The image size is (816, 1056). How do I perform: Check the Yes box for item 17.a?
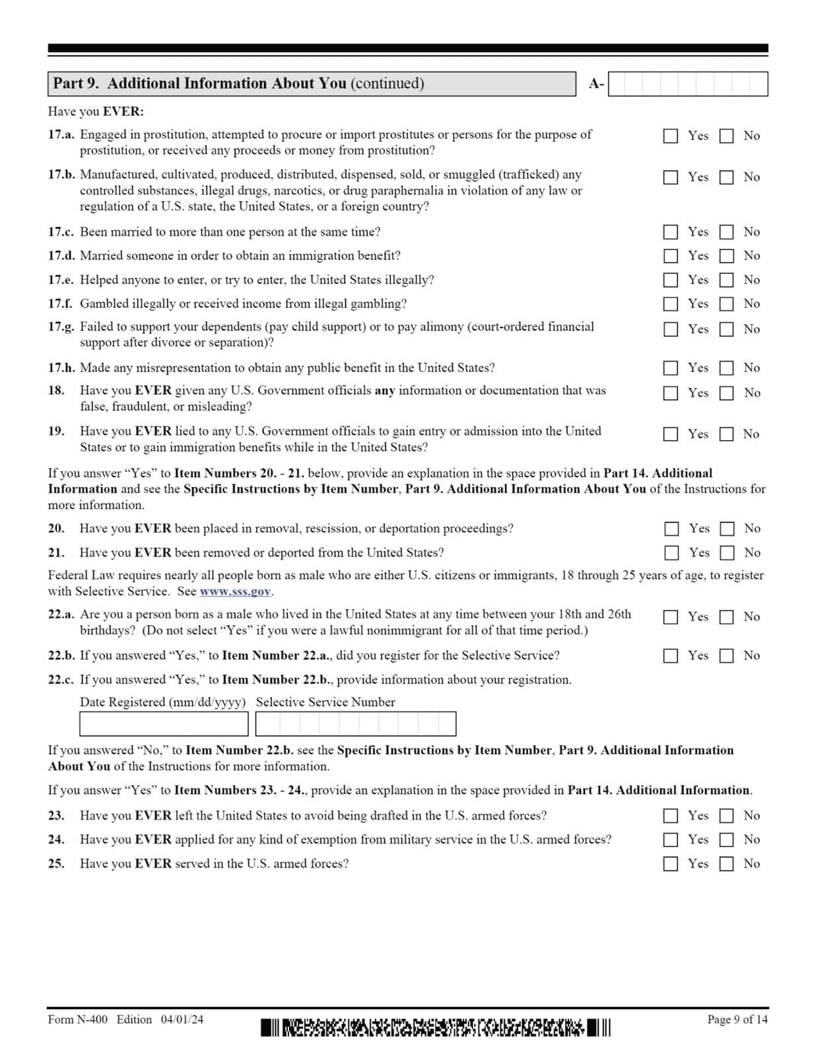coord(670,136)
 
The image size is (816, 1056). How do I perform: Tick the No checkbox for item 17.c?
coord(726,232)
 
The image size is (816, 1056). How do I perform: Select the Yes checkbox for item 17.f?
coord(670,304)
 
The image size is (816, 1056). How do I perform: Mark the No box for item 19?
coord(726,434)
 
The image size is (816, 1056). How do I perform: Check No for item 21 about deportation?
coord(727,553)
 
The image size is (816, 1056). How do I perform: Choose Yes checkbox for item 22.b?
coord(670,656)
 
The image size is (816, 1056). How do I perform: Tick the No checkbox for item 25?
coord(726,864)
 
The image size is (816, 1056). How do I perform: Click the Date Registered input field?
coord(163,724)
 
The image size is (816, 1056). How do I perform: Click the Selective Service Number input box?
coord(355,724)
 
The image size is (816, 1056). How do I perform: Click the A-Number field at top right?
coord(687,84)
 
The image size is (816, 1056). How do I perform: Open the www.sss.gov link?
coord(235,592)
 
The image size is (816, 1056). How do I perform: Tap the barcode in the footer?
coord(436,1028)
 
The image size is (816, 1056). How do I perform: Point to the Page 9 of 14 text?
coord(737,1020)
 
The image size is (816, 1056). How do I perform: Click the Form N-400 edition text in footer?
coord(125,1020)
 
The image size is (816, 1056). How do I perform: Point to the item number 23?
coord(55,816)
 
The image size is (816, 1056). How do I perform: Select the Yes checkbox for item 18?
coord(670,393)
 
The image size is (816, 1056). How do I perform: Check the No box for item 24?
coord(726,840)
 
